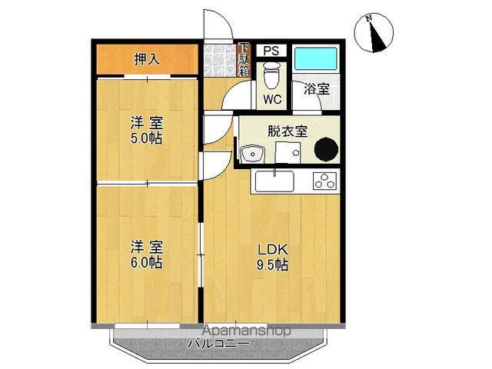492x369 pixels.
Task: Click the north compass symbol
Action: point(374,32)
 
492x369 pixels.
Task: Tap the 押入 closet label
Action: point(147,59)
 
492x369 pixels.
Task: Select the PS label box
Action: point(271,51)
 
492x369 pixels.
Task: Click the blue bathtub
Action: point(315,59)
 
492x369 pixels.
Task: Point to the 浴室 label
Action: point(316,88)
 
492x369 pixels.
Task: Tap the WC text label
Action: point(271,100)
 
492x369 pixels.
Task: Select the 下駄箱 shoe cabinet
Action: point(243,59)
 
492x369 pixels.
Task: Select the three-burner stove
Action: point(324,182)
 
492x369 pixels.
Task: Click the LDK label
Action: point(272,250)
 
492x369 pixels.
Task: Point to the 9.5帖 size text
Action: point(272,266)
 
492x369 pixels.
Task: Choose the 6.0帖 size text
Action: point(145,262)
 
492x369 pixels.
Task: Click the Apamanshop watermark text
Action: point(236,331)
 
